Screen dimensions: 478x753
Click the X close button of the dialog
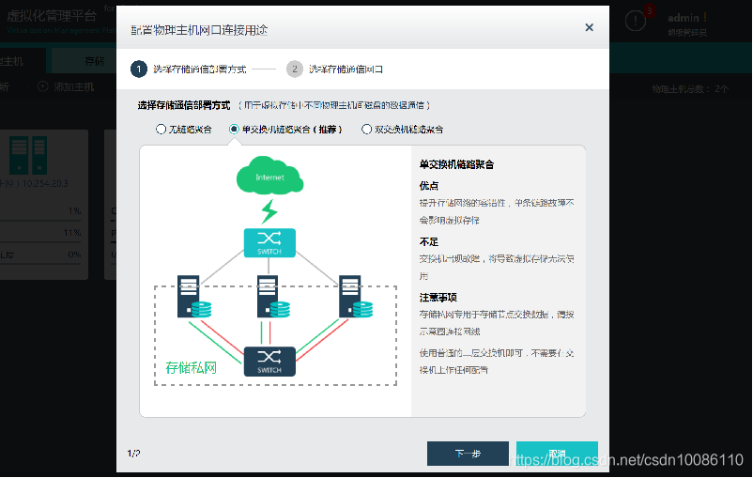pos(590,28)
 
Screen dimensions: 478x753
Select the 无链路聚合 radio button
pos(161,130)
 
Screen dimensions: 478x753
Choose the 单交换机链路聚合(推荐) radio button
pos(234,130)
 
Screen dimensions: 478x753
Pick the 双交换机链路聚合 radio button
pos(366,130)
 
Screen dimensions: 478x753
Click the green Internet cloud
pos(269,177)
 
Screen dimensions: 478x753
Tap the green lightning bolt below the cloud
pos(269,209)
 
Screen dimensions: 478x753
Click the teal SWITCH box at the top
pos(269,243)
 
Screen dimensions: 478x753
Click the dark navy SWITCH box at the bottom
pos(269,362)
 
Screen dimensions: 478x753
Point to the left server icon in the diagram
pos(189,296)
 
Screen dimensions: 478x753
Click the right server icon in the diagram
pos(351,296)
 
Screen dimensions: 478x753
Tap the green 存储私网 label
pos(191,368)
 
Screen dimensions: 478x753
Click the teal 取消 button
pos(557,454)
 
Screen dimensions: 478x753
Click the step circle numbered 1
pos(139,69)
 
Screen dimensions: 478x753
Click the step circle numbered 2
pos(295,69)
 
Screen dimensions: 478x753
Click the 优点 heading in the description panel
pos(429,186)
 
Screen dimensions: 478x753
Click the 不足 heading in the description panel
pos(429,241)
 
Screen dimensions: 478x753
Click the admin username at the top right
pos(686,18)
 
